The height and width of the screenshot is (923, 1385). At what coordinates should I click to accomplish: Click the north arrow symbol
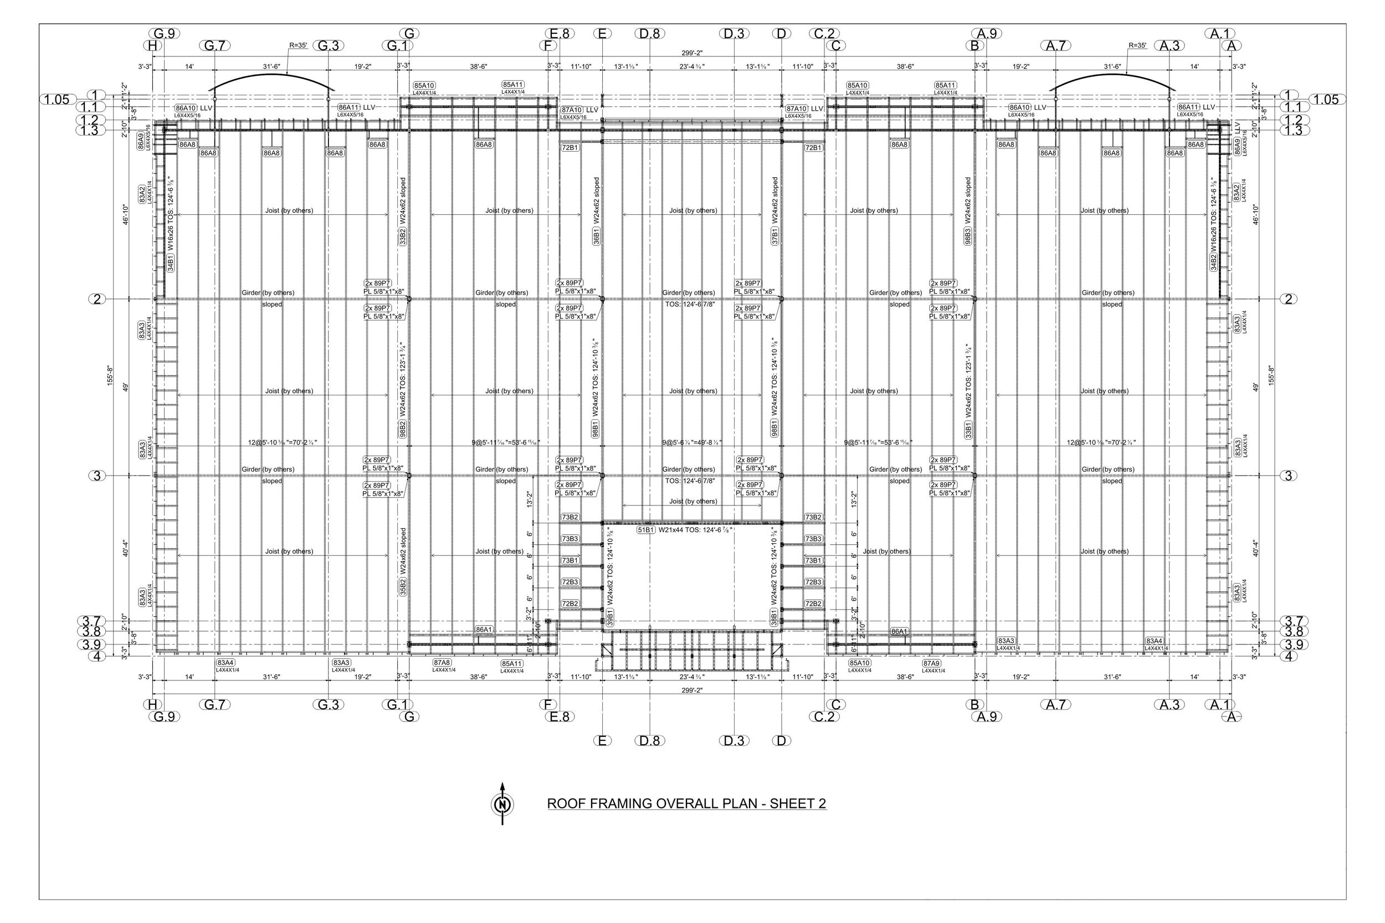[502, 804]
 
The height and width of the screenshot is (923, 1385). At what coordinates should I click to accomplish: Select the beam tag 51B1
[646, 530]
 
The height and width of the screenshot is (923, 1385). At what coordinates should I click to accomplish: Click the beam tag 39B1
[611, 617]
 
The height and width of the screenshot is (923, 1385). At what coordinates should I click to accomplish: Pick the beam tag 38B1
[774, 617]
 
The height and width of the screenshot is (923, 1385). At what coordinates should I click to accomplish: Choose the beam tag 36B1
[597, 236]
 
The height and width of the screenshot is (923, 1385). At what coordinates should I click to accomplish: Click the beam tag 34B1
[170, 263]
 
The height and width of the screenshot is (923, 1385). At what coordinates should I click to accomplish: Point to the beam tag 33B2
[403, 236]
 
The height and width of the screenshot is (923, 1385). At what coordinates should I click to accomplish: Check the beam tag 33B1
[968, 430]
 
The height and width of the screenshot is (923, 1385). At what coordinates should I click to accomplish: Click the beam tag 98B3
[968, 236]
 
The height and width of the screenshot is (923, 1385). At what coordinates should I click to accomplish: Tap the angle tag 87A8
[442, 662]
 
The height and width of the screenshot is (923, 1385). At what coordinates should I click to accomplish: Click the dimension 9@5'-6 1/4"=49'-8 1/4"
[691, 442]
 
